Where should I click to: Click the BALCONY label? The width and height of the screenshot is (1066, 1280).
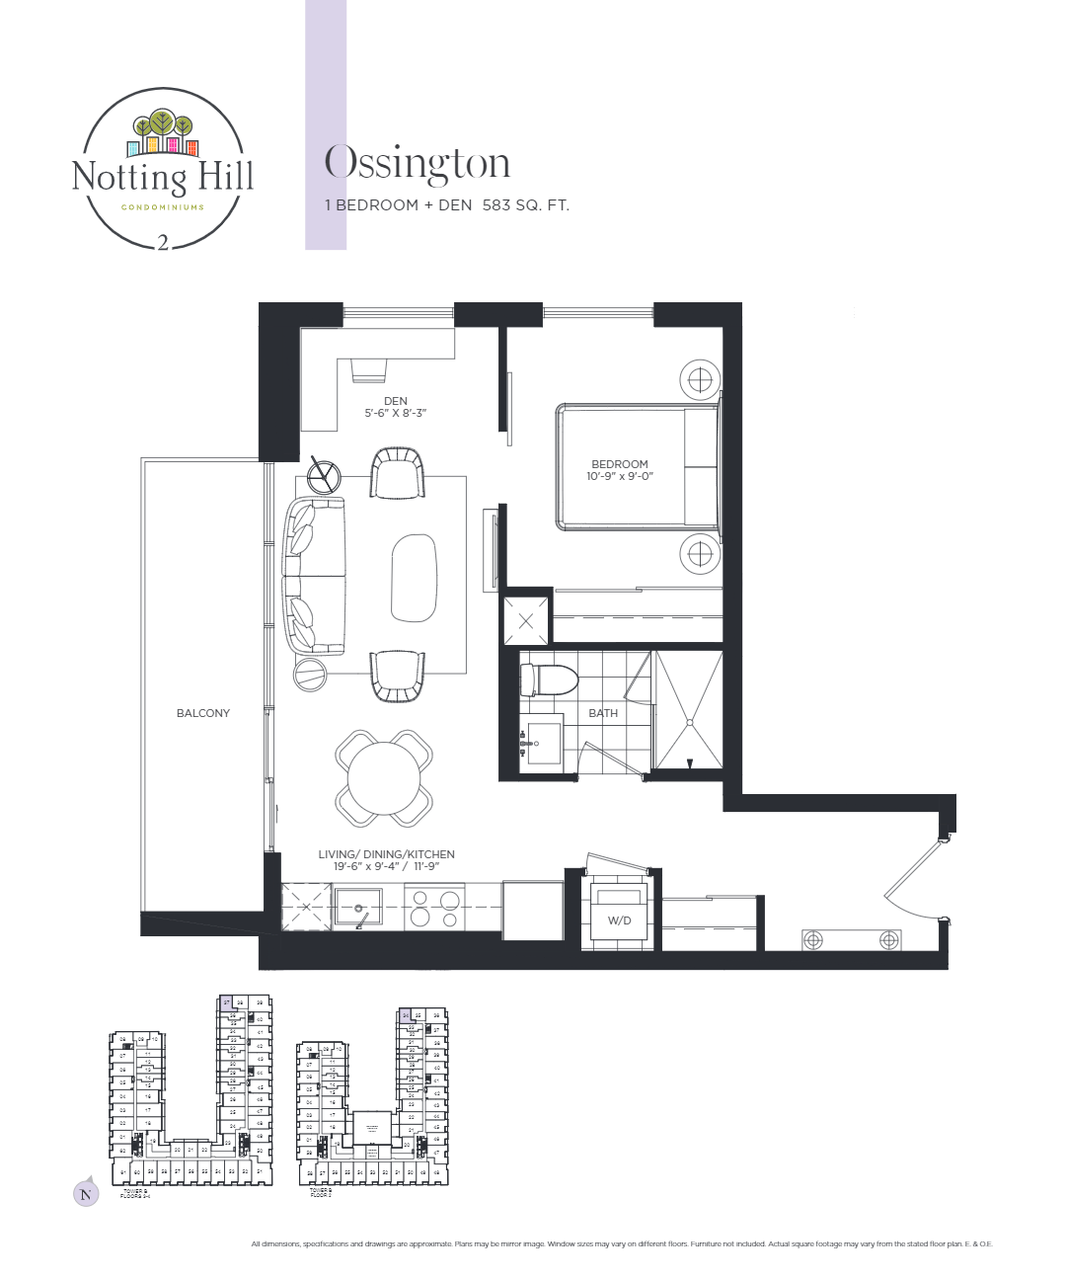[x=202, y=713]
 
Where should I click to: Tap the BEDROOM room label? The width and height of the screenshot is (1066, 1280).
[x=620, y=464]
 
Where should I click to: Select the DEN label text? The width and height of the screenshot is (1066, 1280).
[x=395, y=401]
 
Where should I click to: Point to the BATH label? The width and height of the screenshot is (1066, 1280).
[x=603, y=713]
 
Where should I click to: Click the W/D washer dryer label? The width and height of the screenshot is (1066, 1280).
[x=619, y=920]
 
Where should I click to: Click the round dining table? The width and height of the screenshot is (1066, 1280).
[x=383, y=778]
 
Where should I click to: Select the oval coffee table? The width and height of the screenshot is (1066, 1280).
[x=414, y=578]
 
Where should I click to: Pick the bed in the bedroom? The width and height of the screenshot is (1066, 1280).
[x=638, y=466]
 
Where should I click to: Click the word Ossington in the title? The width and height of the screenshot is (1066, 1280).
[x=418, y=164]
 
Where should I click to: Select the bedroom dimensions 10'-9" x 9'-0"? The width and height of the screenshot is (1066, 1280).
[x=620, y=476]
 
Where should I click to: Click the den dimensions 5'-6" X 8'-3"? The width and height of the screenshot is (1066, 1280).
[x=395, y=413]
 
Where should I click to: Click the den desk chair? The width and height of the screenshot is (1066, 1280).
[x=369, y=368]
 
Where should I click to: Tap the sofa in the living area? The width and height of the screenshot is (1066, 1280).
[x=314, y=577]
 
